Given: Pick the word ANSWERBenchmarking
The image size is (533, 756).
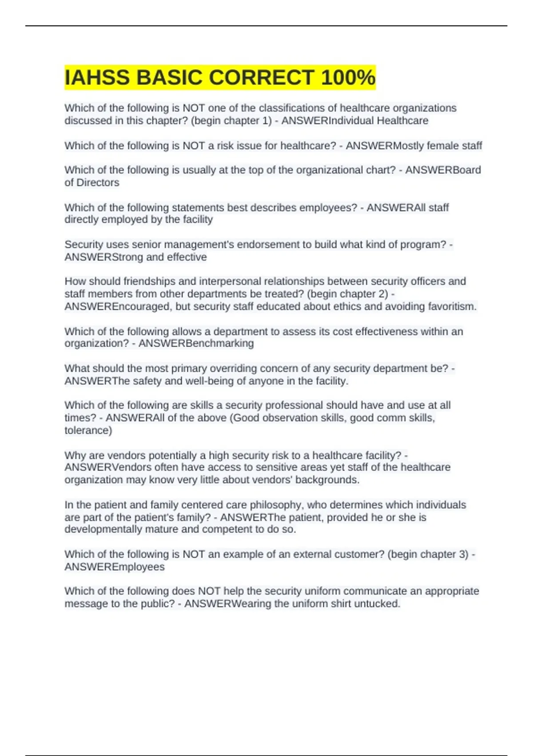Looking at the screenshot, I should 196,343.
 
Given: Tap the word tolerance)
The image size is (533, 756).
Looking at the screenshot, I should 88,430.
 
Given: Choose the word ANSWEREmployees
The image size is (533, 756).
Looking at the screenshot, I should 115,567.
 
